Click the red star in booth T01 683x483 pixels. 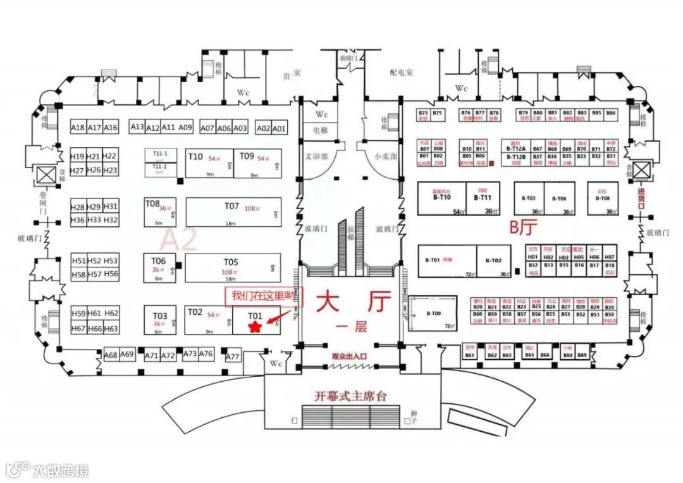[255, 326]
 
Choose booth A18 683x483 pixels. [78, 128]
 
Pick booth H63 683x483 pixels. [111, 329]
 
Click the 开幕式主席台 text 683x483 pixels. [350, 396]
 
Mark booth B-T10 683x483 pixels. [441, 198]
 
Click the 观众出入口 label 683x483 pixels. [350, 357]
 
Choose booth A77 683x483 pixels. [233, 357]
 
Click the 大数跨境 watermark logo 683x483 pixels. [47, 470]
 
